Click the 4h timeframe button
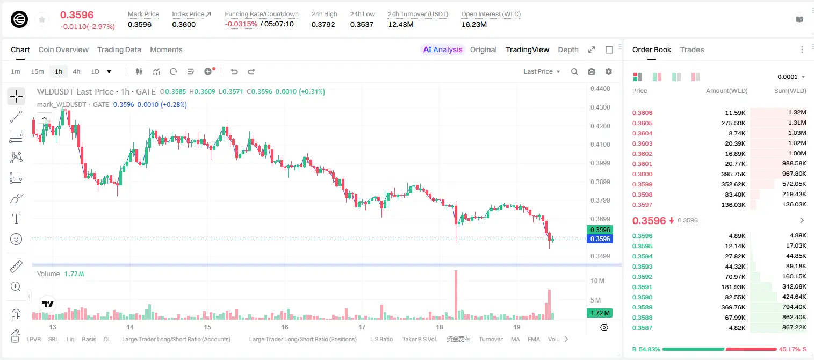point(76,71)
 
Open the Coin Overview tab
point(63,49)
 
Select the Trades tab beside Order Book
point(691,49)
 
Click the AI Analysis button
point(442,49)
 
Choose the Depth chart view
point(568,49)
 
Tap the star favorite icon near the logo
point(42,19)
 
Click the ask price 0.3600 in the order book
point(642,174)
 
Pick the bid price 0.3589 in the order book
point(642,307)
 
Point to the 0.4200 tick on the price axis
point(600,126)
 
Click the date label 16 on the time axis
point(285,327)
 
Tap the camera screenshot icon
point(592,71)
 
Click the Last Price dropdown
point(542,71)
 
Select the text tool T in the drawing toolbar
point(16,219)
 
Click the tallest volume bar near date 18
point(456,295)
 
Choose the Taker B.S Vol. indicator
point(419,339)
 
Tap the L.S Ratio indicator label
point(381,339)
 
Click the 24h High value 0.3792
point(323,24)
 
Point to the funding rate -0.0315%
point(241,24)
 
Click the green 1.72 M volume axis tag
point(599,313)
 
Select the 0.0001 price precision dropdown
point(791,77)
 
